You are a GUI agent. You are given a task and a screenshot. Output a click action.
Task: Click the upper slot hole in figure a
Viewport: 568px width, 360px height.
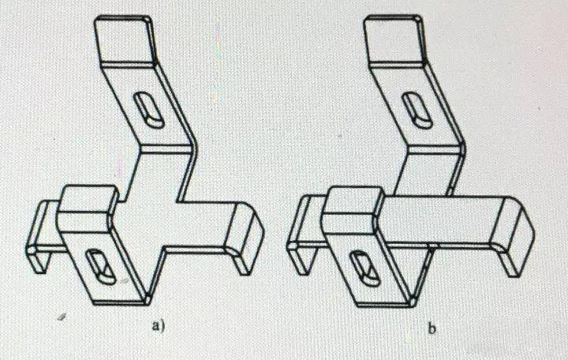pyautogui.click(x=148, y=110)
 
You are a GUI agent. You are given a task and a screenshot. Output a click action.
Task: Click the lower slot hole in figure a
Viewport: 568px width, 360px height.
pyautogui.click(x=100, y=267)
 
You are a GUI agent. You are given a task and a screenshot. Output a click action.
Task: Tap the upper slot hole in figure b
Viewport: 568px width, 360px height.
pyautogui.click(x=417, y=111)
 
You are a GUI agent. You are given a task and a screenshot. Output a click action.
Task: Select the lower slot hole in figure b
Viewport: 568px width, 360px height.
pyautogui.click(x=364, y=268)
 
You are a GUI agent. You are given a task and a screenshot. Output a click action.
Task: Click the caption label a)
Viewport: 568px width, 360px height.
pyautogui.click(x=159, y=325)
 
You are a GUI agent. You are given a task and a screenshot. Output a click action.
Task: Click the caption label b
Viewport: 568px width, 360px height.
pyautogui.click(x=432, y=329)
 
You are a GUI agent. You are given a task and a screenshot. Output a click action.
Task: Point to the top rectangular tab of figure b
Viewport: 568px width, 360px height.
pyautogui.click(x=394, y=39)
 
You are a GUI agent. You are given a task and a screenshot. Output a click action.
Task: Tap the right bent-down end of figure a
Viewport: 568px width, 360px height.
pyautogui.click(x=245, y=238)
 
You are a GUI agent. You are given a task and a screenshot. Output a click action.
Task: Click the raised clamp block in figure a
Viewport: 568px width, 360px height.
pyautogui.click(x=87, y=208)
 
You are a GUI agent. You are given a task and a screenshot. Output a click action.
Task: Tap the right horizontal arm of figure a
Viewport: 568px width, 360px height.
pyautogui.click(x=203, y=224)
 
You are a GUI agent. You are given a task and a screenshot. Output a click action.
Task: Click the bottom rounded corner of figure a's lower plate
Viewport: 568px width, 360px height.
pyautogui.click(x=148, y=299)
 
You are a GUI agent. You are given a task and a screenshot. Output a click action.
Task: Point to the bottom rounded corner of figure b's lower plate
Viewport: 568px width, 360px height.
pyautogui.click(x=413, y=301)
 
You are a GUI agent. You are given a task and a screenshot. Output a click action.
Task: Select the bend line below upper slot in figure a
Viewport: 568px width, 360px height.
pyautogui.click(x=165, y=149)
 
